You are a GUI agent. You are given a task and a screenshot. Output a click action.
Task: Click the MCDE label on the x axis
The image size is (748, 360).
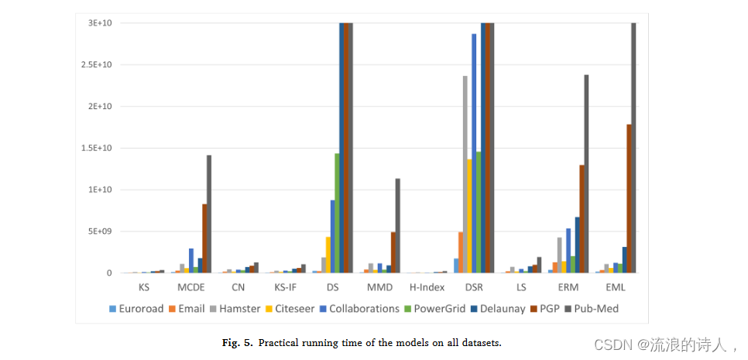(x=190, y=288)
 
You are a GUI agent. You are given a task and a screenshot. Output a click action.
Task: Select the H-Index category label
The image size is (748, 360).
(x=427, y=288)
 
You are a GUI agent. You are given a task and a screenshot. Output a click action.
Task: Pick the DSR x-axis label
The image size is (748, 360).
(x=474, y=288)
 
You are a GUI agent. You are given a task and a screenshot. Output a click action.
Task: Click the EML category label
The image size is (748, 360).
(x=616, y=288)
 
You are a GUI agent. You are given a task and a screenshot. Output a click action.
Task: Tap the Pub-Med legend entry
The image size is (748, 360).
(x=592, y=309)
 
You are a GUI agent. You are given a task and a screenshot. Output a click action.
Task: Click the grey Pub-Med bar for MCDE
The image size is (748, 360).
(x=209, y=214)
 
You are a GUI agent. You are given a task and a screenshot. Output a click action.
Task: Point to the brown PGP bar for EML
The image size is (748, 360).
(x=630, y=199)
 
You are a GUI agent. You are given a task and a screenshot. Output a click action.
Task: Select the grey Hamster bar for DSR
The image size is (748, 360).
(x=465, y=174)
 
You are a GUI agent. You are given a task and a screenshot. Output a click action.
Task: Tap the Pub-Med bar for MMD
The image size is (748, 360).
(x=398, y=226)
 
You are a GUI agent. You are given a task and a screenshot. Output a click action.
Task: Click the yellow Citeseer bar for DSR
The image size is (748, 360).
(x=469, y=216)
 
